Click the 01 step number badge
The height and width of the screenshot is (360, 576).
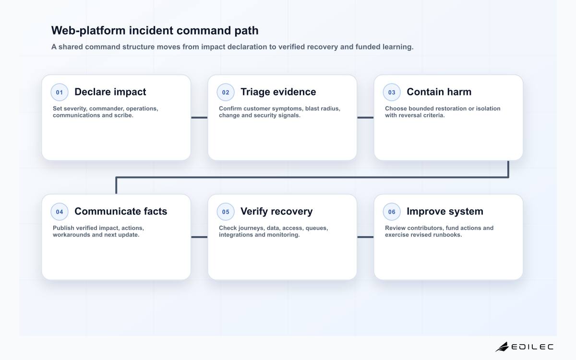60,92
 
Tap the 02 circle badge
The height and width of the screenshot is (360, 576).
226,92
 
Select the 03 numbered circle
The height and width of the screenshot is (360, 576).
392,92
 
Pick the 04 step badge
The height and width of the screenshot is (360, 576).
60,212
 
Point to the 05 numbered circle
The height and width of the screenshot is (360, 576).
226,212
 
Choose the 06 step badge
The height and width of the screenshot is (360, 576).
392,212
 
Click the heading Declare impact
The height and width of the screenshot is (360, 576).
110,92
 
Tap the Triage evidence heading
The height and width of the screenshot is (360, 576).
278,92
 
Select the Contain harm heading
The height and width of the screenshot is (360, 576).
439,92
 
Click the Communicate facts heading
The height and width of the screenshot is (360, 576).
121,211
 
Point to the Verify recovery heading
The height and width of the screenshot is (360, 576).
276,212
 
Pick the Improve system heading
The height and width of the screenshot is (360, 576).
445,212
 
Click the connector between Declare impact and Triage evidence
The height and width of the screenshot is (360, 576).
199,118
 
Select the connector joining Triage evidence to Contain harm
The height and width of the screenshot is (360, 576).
365,118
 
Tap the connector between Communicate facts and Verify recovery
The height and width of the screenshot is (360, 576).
199,237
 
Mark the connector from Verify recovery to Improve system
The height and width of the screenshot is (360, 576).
365,237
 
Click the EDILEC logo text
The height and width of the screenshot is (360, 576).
532,347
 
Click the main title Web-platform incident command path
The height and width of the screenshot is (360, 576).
155,31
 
